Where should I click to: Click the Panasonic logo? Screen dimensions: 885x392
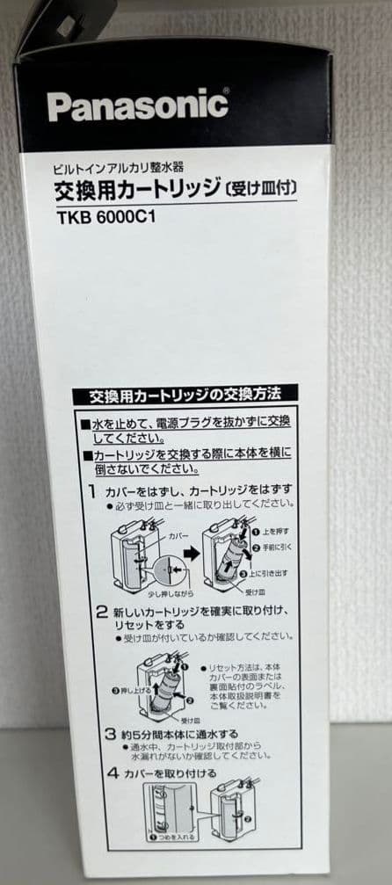click(x=137, y=106)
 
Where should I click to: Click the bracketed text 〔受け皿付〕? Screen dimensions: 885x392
click(x=264, y=188)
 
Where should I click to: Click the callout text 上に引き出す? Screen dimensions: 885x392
click(x=278, y=570)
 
